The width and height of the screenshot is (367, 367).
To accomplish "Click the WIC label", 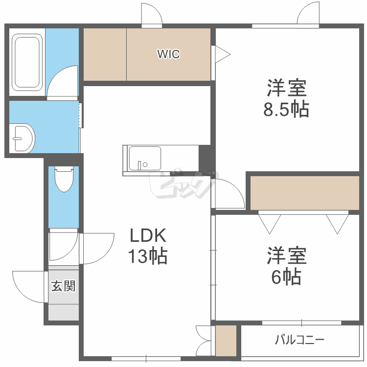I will click(x=168, y=54).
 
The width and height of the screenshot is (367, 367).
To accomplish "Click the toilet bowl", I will click(x=64, y=180).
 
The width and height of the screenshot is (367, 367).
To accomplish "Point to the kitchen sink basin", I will click(x=144, y=159).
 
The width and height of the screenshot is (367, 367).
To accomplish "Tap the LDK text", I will click(x=148, y=236).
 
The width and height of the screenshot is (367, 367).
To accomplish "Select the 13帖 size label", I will click(x=148, y=256).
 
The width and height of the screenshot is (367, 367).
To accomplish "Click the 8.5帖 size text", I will click(x=286, y=109).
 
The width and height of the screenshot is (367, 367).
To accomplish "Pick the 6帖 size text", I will click(x=286, y=277).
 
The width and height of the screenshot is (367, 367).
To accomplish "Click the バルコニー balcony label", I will click(x=299, y=339).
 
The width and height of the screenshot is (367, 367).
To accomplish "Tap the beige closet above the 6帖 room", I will click(x=304, y=191).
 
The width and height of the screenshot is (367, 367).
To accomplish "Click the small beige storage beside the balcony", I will click(x=226, y=341).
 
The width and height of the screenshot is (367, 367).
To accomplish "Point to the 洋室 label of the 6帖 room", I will click(x=286, y=256).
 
